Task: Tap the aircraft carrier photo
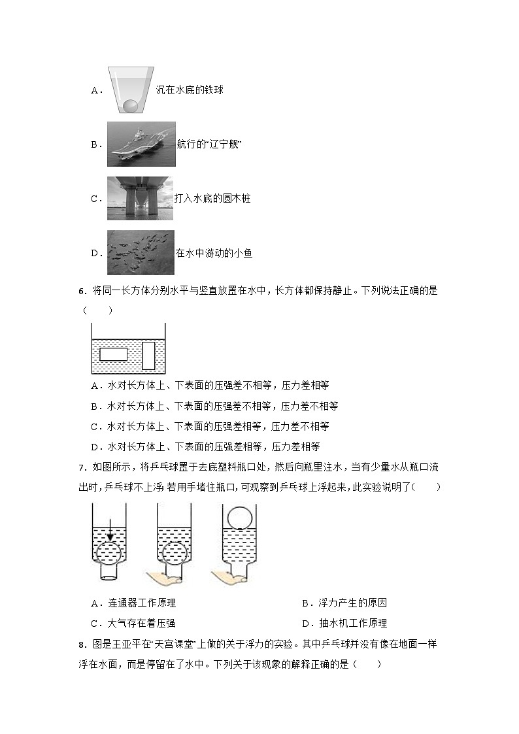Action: tap(141, 144)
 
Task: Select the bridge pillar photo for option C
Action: tap(140, 198)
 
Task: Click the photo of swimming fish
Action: tap(141, 252)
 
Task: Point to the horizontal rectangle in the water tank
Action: tap(113, 355)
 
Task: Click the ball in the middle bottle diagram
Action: tap(174, 552)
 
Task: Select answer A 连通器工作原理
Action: tap(137, 603)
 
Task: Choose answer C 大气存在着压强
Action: tap(137, 624)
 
